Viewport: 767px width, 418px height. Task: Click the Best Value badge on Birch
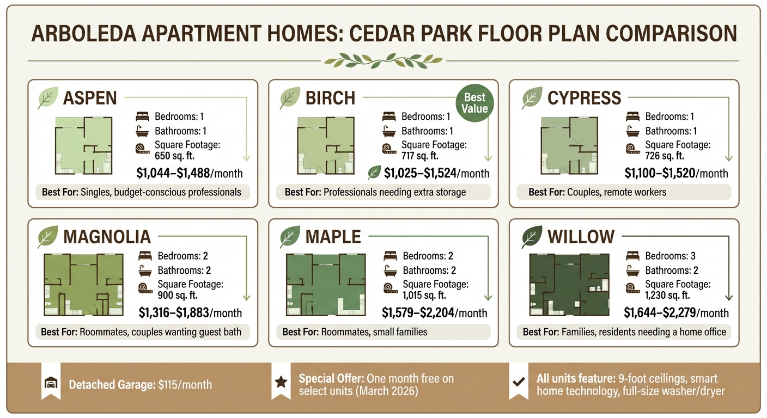[474, 103]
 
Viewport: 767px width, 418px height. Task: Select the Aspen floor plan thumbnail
[83, 145]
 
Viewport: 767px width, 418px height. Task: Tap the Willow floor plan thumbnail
[569, 285]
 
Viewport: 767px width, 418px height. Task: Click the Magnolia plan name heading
[107, 237]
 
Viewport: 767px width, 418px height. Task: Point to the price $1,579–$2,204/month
[434, 313]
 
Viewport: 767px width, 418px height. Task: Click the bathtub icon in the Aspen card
[142, 131]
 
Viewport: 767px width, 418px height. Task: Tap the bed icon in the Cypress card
[632, 116]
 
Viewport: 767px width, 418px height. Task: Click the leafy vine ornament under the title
[382, 60]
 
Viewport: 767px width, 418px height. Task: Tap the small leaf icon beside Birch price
[374, 173]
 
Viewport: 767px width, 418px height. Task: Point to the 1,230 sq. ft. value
[667, 296]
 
